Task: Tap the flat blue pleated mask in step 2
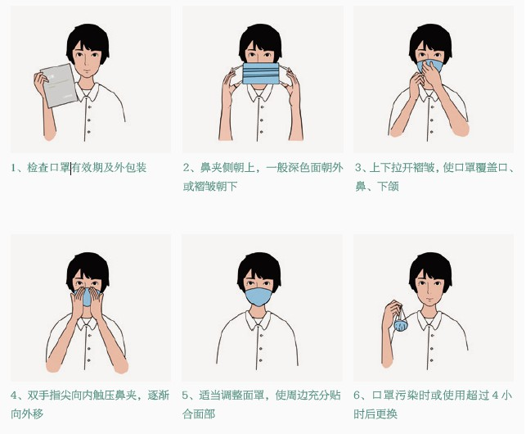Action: (x=262, y=73)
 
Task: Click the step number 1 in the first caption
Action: (x=14, y=168)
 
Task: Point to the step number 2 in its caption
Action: (x=187, y=168)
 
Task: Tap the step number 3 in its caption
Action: (x=358, y=168)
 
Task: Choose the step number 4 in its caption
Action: (x=14, y=396)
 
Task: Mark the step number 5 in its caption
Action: (x=187, y=396)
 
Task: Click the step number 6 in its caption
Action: (x=358, y=396)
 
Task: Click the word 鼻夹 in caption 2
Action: (x=208, y=168)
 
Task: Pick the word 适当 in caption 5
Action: (x=208, y=396)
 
